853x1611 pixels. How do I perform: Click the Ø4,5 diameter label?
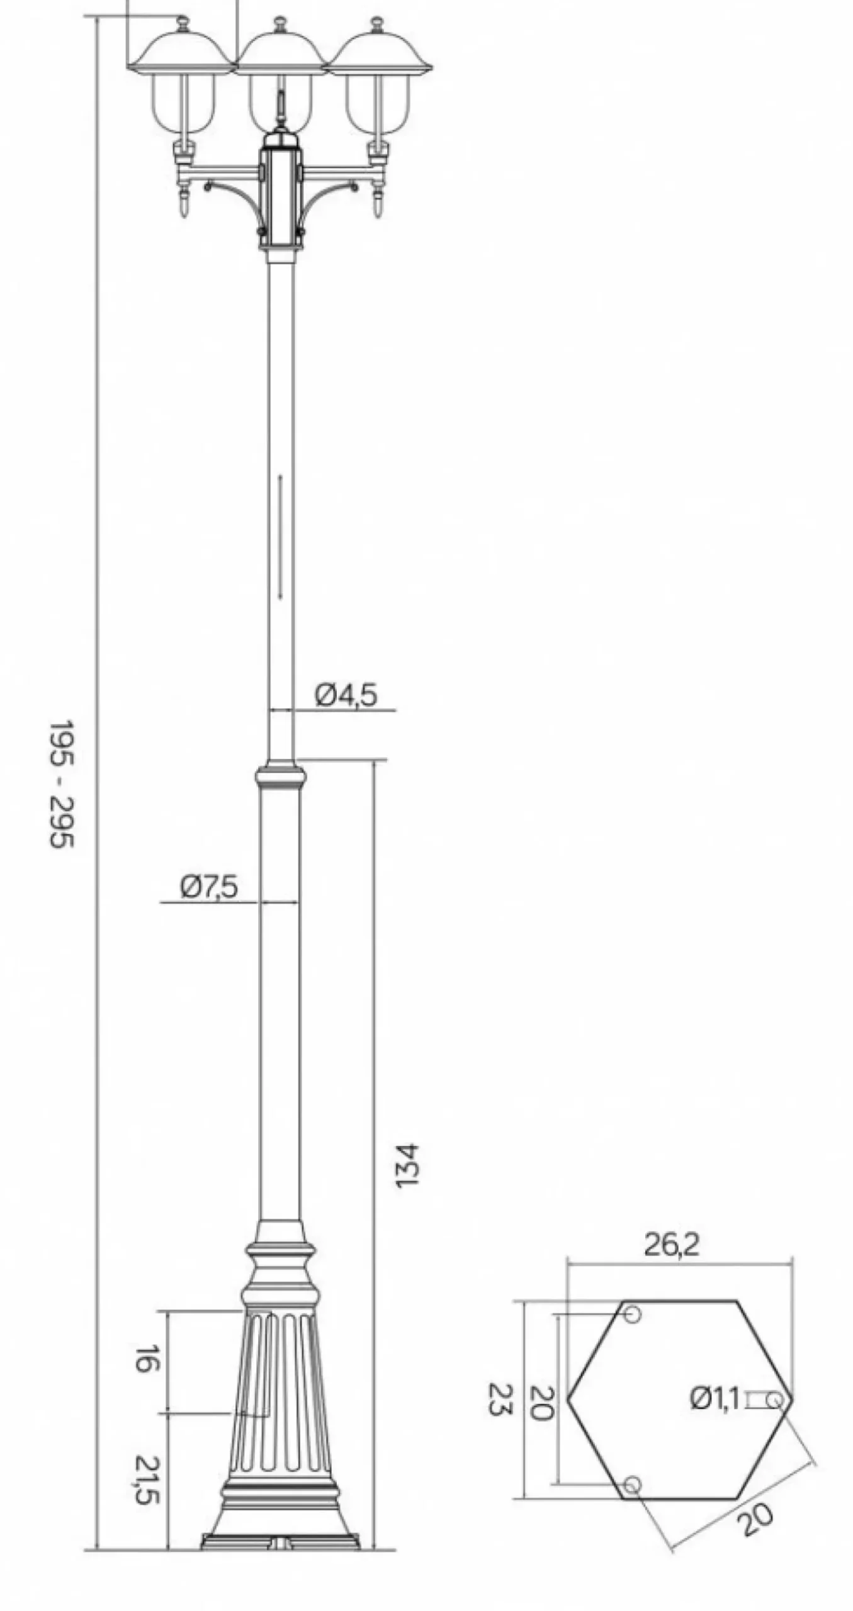(346, 695)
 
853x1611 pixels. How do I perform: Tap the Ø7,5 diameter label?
(209, 887)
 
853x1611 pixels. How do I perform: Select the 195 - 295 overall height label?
(62, 784)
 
